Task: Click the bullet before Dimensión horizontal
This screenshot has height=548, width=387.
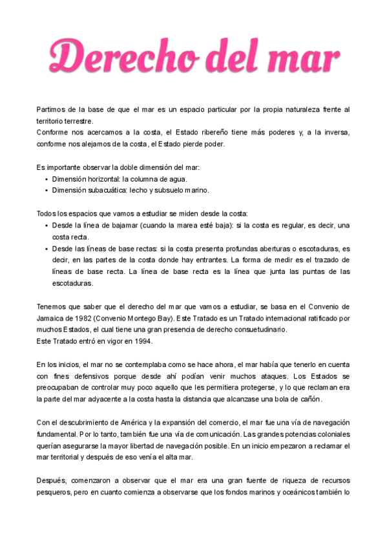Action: pyautogui.click(x=47, y=178)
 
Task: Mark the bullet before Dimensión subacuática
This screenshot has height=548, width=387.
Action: pyautogui.click(x=47, y=190)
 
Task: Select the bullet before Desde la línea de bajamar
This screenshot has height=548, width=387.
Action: pyautogui.click(x=47, y=225)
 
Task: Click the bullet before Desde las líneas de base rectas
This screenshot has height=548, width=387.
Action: pyautogui.click(x=47, y=248)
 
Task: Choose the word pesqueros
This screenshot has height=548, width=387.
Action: pyautogui.click(x=57, y=492)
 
